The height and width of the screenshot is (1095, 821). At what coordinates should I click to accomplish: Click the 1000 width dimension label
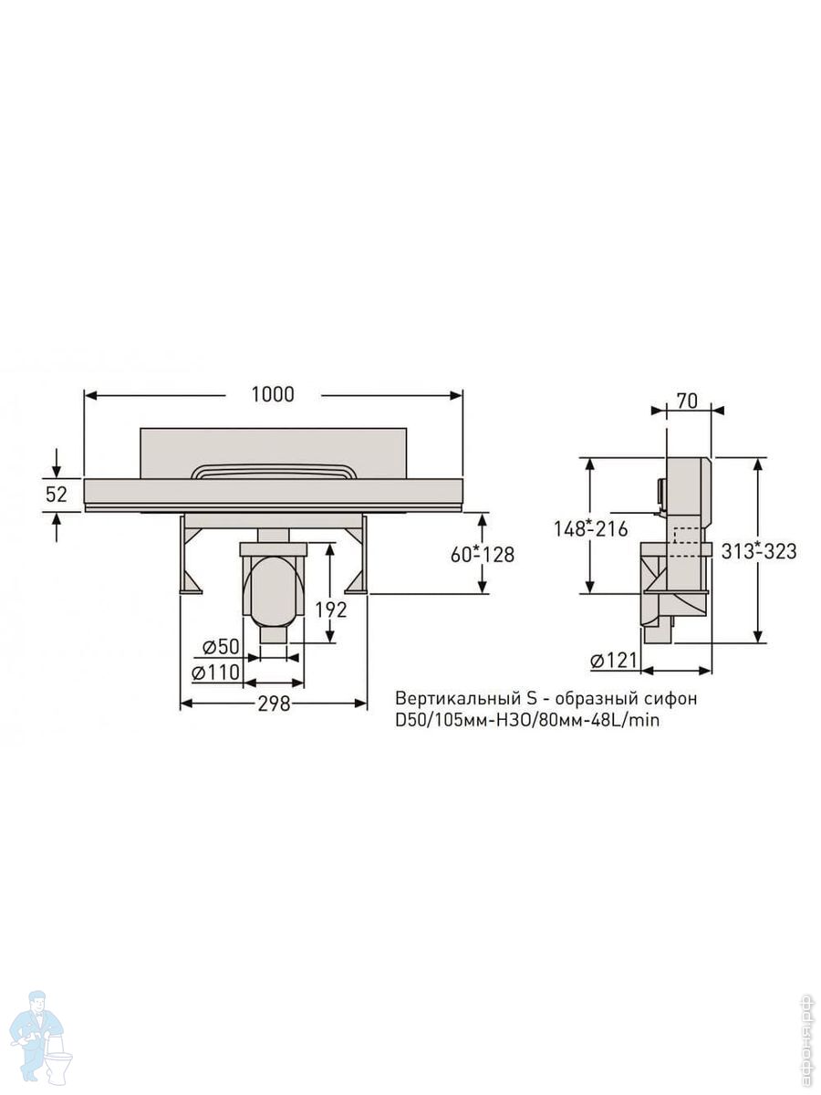pos(272,394)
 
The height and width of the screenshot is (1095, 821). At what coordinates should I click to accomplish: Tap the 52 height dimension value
pos(57,495)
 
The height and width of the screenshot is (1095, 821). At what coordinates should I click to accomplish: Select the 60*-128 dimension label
pos(482,555)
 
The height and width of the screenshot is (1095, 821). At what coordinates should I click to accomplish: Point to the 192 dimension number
pos(331,610)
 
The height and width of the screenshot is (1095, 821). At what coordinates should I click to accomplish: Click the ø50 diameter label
pos(221,647)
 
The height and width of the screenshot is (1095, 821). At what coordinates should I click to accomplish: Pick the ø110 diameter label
pos(215,673)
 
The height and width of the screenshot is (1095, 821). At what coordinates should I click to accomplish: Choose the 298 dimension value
pos(274,704)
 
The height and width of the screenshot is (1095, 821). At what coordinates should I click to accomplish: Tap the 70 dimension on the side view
pos(688,401)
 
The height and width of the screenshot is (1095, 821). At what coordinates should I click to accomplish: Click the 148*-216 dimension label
pos(591,528)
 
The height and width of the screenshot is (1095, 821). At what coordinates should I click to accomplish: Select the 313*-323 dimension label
pos(759,551)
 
